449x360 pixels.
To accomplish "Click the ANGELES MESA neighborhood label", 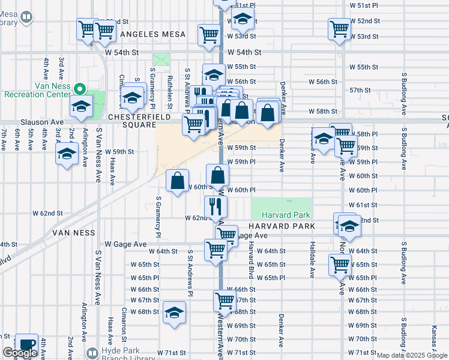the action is pyautogui.click(x=153, y=34).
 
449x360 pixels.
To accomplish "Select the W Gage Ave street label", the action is pyautogui.click(x=125, y=244).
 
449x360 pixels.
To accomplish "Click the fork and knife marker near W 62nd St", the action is pyautogui.click(x=215, y=207).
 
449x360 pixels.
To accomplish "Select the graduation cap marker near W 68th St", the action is pyautogui.click(x=174, y=313).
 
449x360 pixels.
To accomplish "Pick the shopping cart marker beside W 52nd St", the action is pyautogui.click(x=339, y=28).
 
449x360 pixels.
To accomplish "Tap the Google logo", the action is pyautogui.click(x=20, y=353).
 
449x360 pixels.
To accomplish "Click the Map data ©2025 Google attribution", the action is pyautogui.click(x=412, y=355).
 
